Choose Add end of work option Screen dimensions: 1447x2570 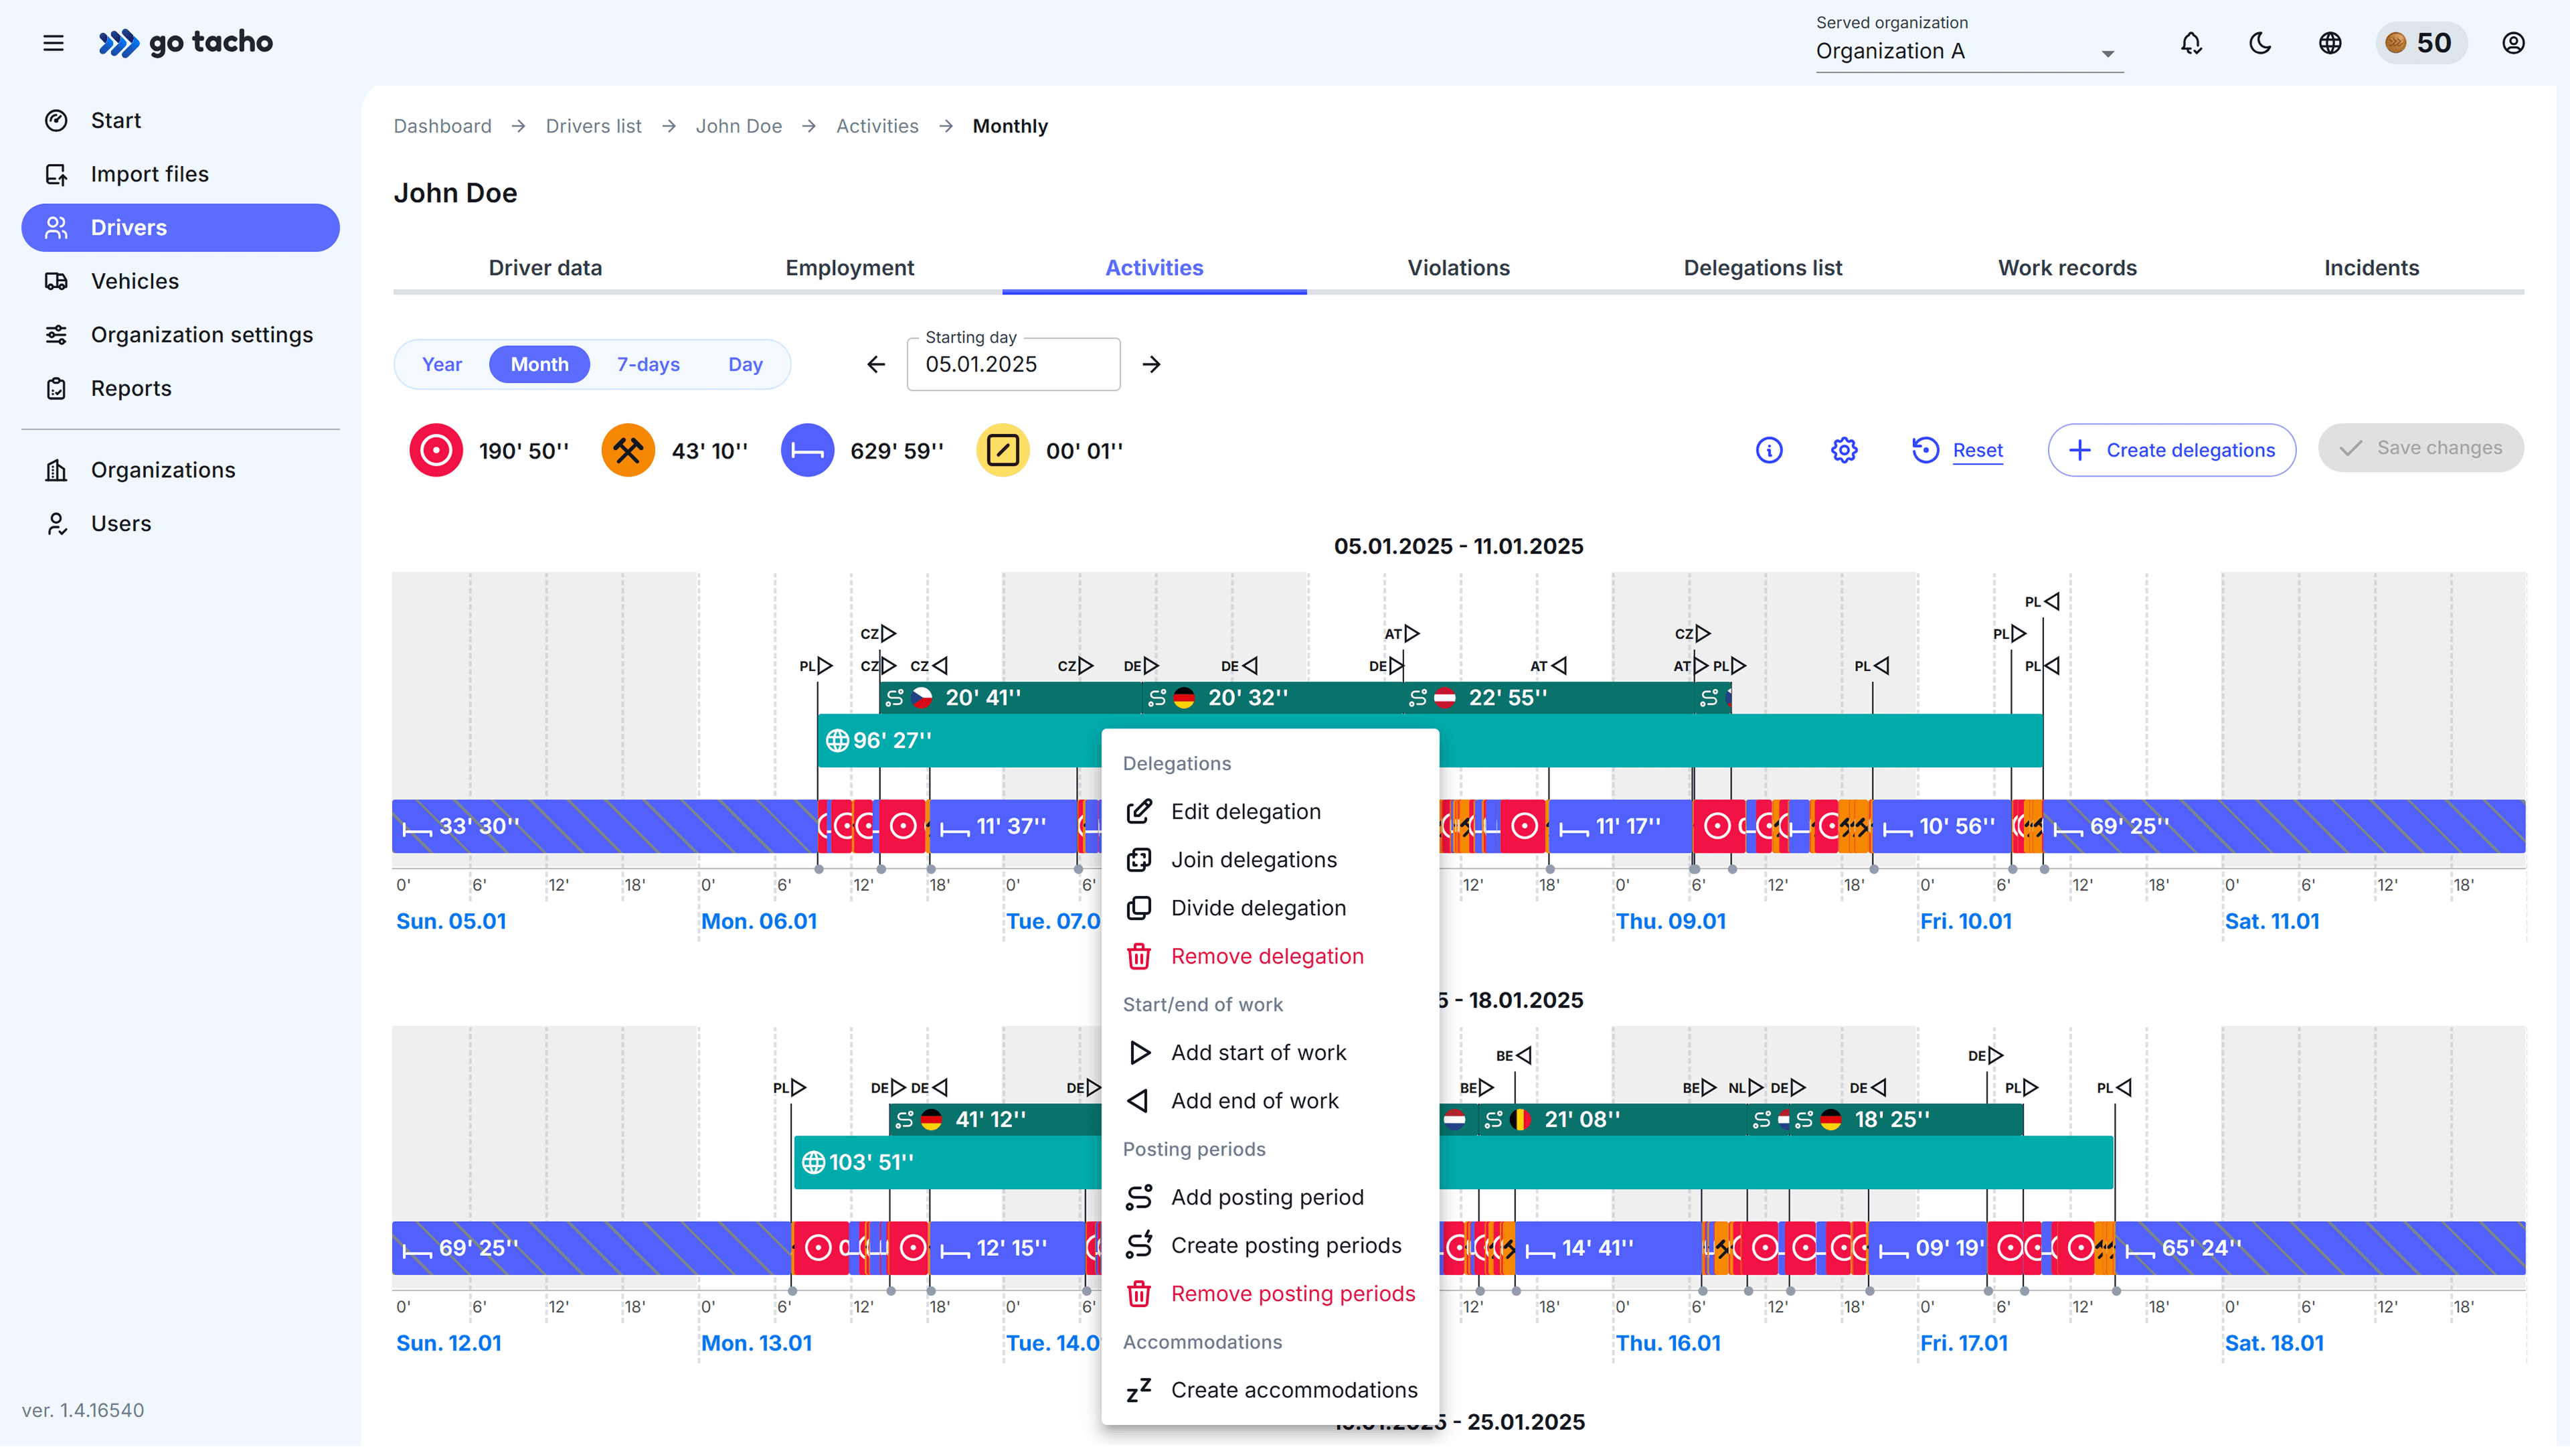click(1254, 1101)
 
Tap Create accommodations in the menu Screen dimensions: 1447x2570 click(1293, 1390)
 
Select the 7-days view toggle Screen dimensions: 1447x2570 click(647, 364)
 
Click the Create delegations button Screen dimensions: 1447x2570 click(2171, 450)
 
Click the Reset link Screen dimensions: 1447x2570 click(1976, 450)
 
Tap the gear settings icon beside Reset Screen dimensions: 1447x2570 click(1844, 450)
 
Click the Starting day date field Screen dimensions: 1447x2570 click(1012, 364)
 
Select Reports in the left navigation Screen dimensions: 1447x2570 click(131, 388)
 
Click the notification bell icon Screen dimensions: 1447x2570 click(2191, 43)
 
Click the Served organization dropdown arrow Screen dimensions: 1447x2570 click(2107, 54)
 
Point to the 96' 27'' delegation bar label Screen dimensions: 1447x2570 click(891, 741)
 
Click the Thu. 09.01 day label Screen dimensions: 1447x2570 click(1670, 921)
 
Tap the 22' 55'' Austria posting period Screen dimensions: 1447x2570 click(1507, 698)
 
